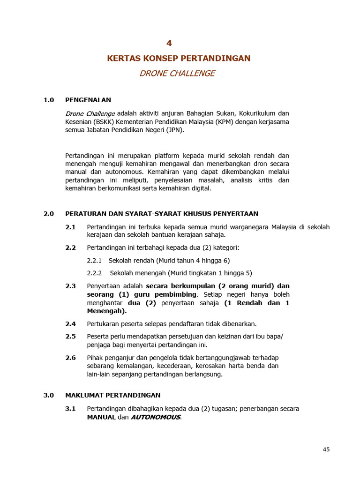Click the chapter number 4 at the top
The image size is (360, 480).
pos(169,43)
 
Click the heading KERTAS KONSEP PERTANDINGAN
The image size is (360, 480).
pos(179,58)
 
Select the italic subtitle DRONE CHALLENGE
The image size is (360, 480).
pos(177,74)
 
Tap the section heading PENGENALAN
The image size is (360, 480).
pos(88,100)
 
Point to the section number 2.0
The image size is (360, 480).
pos(49,214)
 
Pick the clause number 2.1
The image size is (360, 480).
pos(70,227)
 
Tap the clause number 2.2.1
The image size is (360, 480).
pos(94,261)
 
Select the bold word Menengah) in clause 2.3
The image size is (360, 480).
pos(107,311)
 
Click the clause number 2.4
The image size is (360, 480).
pos(70,324)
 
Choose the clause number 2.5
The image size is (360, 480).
pos(70,336)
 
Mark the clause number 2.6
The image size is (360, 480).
pos(70,358)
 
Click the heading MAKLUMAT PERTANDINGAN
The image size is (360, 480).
pos(113,395)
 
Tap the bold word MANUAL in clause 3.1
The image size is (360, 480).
pos(101,417)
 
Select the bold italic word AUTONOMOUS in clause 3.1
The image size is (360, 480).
pos(155,417)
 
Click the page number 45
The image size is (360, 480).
pos(326,450)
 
